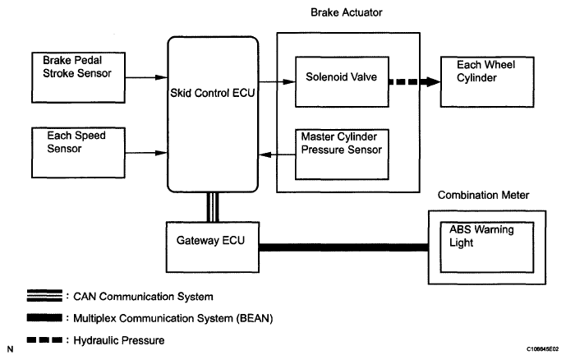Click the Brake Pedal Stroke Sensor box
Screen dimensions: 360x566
pyautogui.click(x=75, y=79)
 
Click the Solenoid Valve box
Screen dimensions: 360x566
pyautogui.click(x=340, y=82)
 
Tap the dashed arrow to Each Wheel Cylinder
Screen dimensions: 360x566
pyautogui.click(x=414, y=82)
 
